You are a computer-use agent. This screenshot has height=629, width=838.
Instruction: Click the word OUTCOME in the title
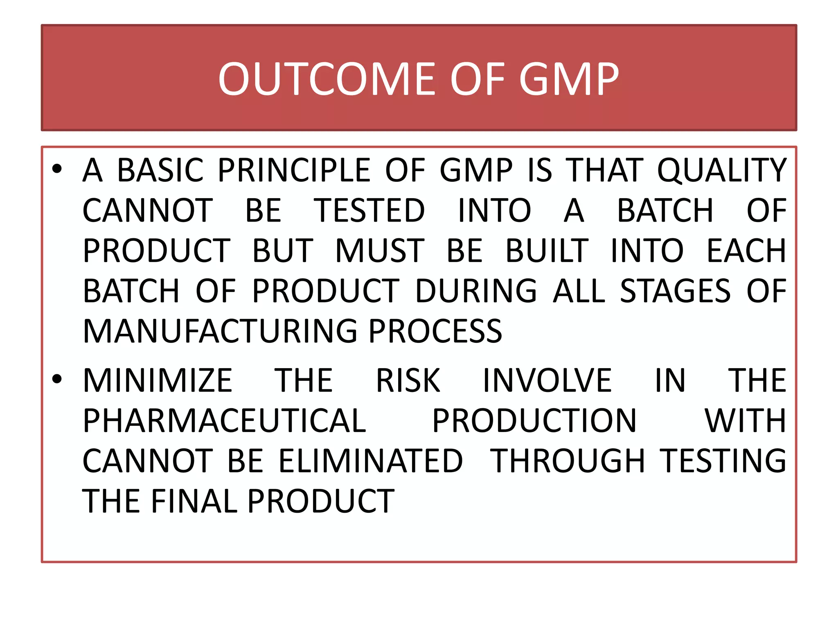point(329,79)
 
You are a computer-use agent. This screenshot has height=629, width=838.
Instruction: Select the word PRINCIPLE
point(294,170)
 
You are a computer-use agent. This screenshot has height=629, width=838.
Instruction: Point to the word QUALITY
point(722,170)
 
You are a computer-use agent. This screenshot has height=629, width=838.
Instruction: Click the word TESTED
point(369,210)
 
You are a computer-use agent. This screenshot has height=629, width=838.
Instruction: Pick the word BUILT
point(547,251)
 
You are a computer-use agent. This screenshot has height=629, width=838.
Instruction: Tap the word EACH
point(746,251)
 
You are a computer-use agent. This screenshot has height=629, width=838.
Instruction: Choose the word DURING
point(476,291)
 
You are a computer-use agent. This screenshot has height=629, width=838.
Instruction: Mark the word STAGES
point(675,291)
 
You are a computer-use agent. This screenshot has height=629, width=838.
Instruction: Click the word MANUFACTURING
point(220,331)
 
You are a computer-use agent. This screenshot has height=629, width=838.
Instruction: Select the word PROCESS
point(435,331)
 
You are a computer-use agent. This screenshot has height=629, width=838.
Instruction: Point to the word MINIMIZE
point(158,380)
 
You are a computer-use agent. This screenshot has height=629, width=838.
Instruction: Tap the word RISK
point(408,380)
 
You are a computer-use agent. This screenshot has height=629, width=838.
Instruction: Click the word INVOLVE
point(547,380)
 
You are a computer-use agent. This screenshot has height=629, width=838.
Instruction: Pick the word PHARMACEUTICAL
point(224,421)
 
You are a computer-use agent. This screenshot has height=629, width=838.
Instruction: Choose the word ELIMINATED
point(371,461)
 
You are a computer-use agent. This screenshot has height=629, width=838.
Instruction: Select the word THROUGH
point(568,461)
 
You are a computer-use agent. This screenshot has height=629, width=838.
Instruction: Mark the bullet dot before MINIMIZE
point(57,379)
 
